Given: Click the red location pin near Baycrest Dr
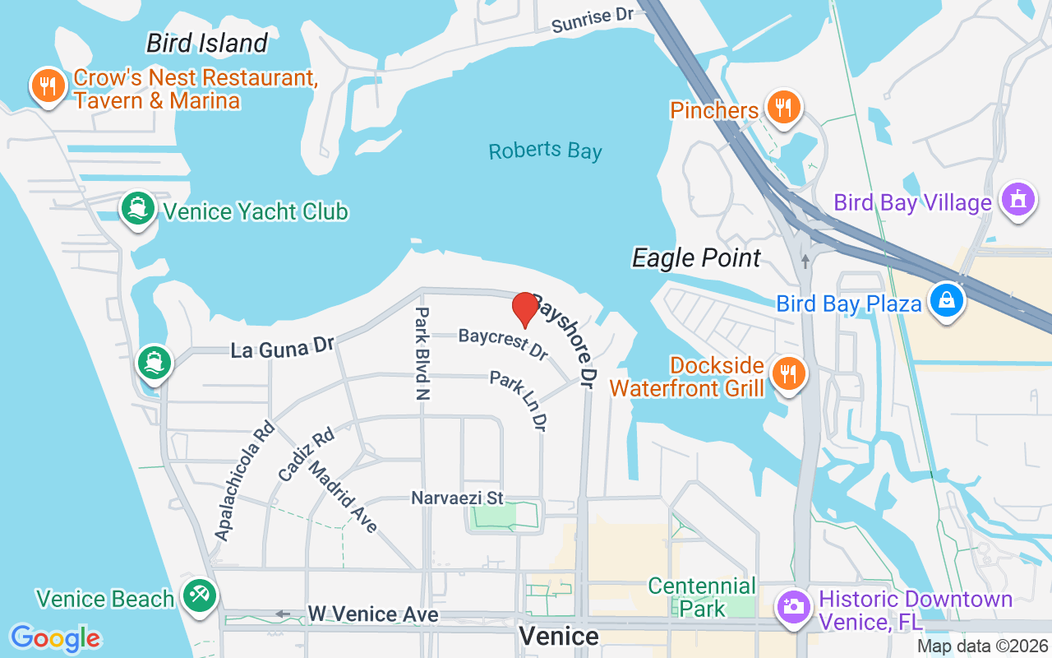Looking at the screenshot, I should click(525, 308).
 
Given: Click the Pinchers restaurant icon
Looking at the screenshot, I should click(783, 107).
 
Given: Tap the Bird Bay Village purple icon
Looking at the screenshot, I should click(1018, 200).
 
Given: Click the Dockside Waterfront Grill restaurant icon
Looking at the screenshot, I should click(788, 374).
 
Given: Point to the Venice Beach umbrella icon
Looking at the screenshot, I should click(198, 595).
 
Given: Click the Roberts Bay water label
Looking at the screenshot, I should click(545, 151).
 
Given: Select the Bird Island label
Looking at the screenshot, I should click(207, 43).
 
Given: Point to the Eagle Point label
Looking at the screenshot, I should click(696, 258).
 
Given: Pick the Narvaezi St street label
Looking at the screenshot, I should click(457, 498).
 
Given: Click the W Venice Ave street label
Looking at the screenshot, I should click(372, 614).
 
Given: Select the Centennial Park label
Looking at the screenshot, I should click(702, 597).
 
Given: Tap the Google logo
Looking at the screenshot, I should click(55, 638).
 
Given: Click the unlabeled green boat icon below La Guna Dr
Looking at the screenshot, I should click(154, 362).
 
